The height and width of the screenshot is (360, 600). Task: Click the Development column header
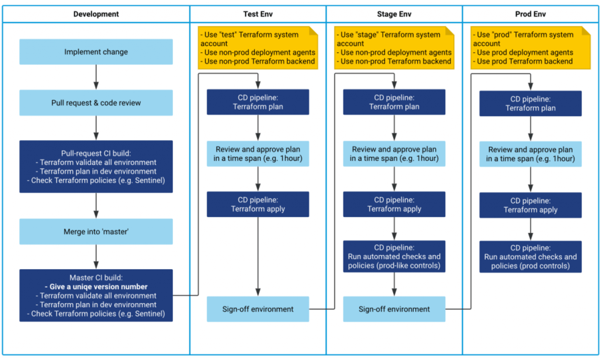(96, 14)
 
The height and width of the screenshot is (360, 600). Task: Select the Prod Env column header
(530, 14)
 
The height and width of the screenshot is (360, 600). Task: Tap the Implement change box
(96, 52)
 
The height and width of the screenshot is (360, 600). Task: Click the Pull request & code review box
(96, 103)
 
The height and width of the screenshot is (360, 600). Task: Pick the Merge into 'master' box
(96, 231)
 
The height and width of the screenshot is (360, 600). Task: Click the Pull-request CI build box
(96, 166)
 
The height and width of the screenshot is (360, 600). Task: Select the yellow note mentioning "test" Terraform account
(258, 48)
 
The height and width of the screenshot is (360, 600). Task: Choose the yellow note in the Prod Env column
(530, 48)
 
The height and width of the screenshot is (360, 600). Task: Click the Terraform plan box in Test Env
(258, 102)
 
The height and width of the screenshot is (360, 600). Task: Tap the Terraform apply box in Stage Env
(394, 204)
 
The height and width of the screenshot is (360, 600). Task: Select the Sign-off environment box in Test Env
(258, 309)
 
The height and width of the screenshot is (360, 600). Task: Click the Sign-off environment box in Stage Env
(394, 309)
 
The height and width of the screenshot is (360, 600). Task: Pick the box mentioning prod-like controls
(394, 256)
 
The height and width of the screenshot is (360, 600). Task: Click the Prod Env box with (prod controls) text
(530, 257)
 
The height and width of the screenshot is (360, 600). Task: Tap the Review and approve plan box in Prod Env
(530, 154)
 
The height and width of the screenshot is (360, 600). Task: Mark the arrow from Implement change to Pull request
(96, 77)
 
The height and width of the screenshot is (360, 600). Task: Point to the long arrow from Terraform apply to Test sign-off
(258, 257)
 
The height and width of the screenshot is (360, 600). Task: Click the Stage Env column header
(394, 14)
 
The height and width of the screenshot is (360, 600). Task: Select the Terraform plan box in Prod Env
(530, 103)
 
